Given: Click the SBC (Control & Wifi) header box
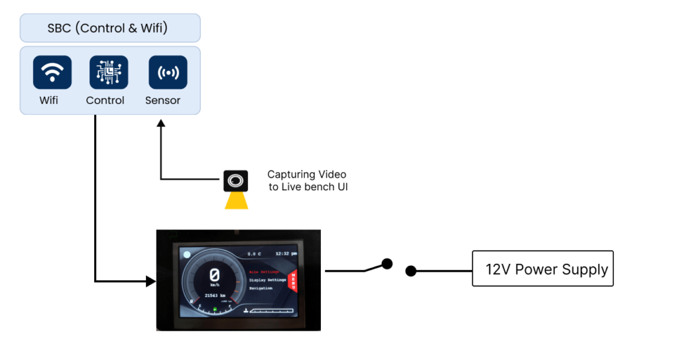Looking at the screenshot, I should (110, 29).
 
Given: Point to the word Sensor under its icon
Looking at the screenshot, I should (162, 101).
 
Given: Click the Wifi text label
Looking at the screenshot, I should (48, 101).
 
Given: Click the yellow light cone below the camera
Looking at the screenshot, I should (236, 200).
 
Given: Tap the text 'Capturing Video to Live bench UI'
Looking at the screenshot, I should (307, 180).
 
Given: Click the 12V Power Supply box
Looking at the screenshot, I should (542, 269).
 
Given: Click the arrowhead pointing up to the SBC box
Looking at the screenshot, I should (160, 124).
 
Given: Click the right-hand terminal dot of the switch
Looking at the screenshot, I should (411, 270).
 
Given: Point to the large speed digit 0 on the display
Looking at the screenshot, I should (215, 274).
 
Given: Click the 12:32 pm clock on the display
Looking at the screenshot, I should (286, 253).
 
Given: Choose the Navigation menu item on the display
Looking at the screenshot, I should (261, 288).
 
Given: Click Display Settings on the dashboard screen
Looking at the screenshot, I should (268, 280).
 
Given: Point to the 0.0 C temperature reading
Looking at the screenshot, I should (255, 253).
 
